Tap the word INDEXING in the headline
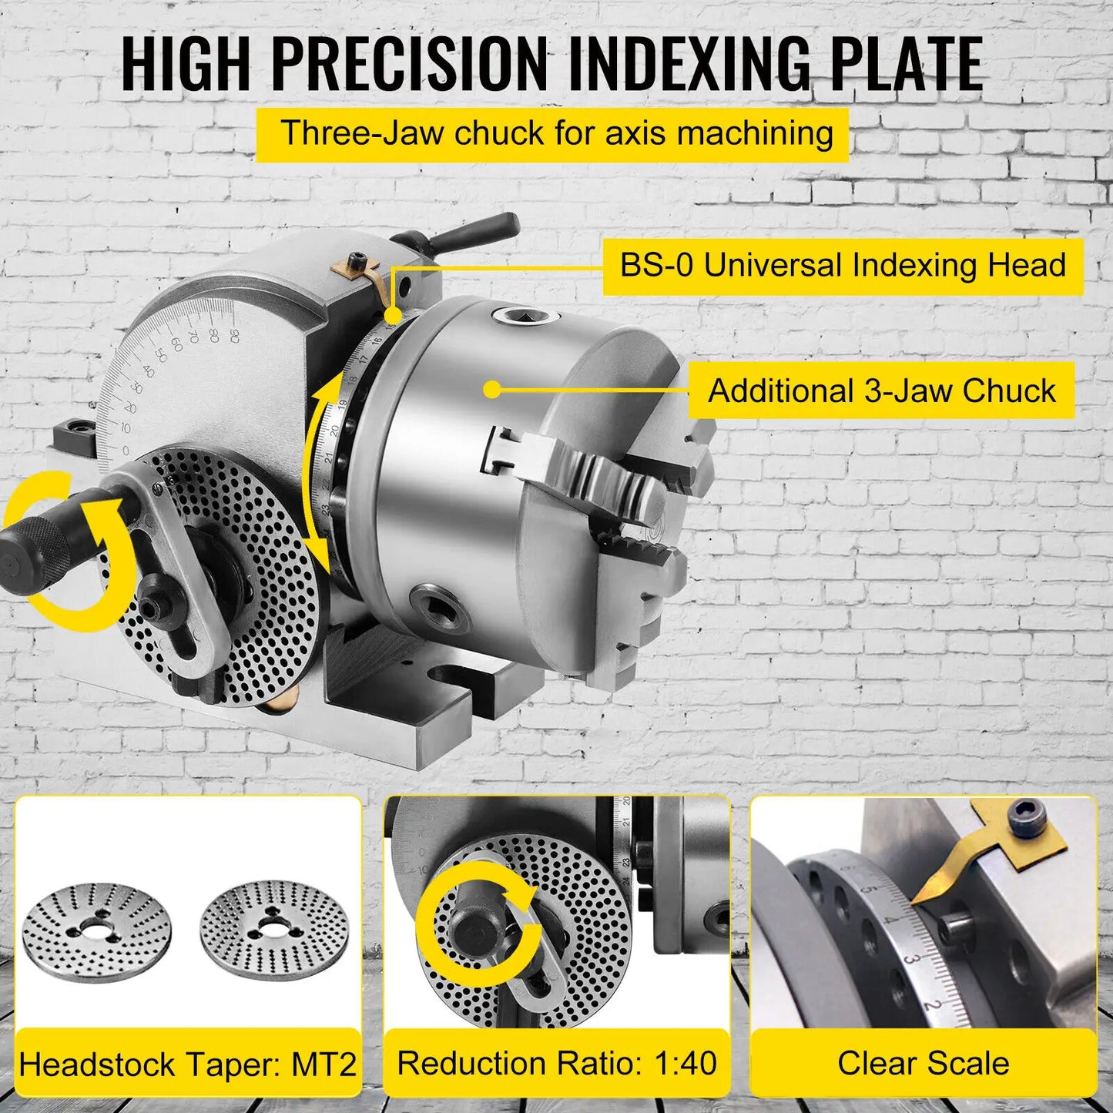(x=689, y=63)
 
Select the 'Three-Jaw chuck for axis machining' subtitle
(x=556, y=133)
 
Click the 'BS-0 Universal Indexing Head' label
(x=843, y=266)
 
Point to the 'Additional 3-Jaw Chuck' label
(x=881, y=391)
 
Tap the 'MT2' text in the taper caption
(x=324, y=1065)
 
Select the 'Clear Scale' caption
(x=923, y=1064)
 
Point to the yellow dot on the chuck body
(x=494, y=390)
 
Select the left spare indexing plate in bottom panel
(x=96, y=932)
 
